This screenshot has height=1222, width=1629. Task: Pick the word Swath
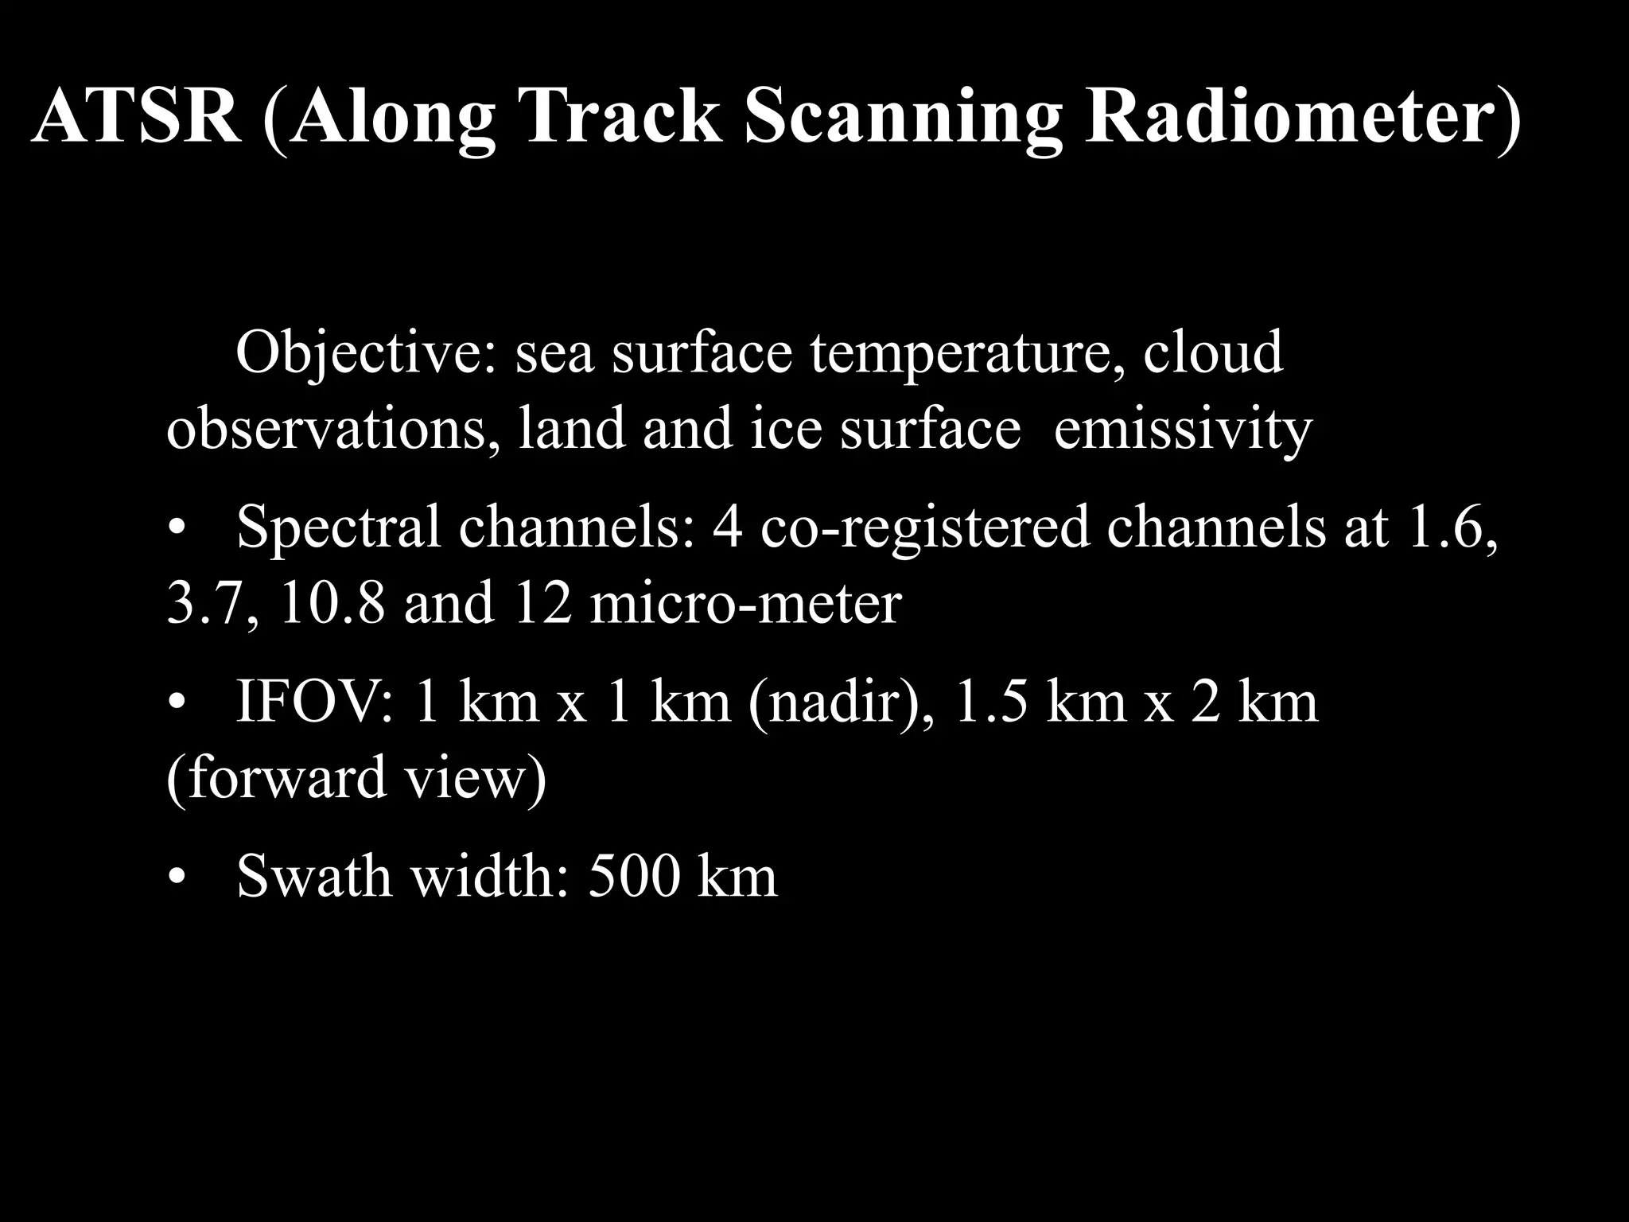coord(315,877)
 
